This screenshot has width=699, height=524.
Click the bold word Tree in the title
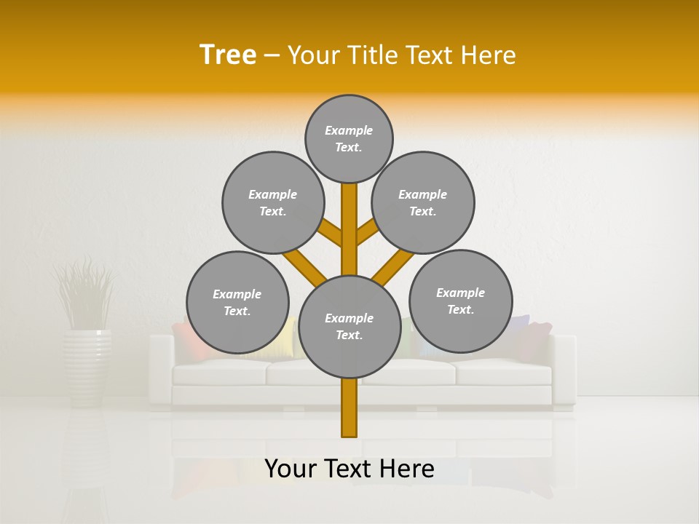click(x=228, y=55)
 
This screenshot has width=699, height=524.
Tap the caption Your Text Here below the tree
click(x=349, y=469)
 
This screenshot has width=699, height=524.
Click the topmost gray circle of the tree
click(x=349, y=138)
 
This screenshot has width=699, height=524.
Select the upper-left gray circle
click(x=273, y=202)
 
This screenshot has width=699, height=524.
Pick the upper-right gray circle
click(x=423, y=202)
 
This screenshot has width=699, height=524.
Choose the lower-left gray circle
click(x=237, y=302)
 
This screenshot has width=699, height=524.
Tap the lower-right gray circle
click(x=461, y=301)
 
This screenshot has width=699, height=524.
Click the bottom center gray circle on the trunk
click(x=349, y=327)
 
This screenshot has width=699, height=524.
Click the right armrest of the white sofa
click(x=564, y=368)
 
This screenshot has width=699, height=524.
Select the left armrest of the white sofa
click(x=160, y=368)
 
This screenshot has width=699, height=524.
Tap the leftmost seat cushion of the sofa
click(x=218, y=373)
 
